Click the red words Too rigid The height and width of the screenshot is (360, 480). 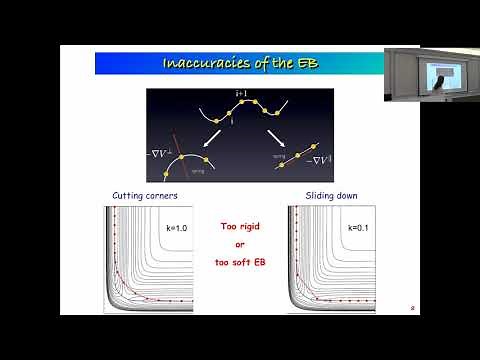click(x=240, y=226)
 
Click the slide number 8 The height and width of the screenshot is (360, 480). click(x=412, y=309)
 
